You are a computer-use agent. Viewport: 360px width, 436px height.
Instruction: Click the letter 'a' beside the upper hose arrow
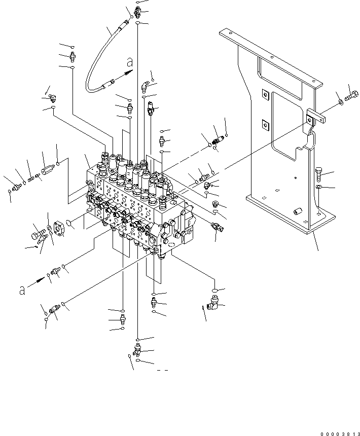click(x=130, y=63)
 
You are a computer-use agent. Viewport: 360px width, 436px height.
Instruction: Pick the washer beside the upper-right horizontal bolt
click(x=340, y=103)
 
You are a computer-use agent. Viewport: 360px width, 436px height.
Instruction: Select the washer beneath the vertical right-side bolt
click(x=318, y=188)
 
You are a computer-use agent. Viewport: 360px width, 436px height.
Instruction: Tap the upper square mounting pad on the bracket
click(x=264, y=95)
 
